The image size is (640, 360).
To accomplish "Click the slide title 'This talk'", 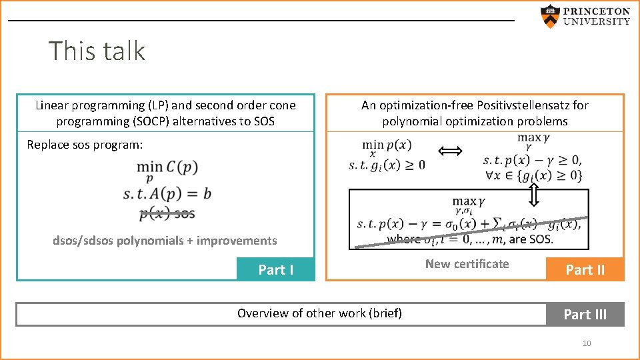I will (97, 51).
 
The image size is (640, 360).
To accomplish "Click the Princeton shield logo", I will (549, 17).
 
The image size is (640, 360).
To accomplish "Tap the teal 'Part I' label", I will (275, 269).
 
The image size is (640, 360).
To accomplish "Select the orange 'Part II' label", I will (585, 269).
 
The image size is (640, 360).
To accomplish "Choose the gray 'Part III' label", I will (585, 314).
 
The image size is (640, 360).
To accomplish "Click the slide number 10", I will (587, 343).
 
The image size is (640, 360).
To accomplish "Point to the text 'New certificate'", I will (467, 264).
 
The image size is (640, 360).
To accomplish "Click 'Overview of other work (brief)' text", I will (319, 313).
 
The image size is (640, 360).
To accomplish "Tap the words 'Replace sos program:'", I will (85, 145).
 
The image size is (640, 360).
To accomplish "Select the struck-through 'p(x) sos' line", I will (167, 213).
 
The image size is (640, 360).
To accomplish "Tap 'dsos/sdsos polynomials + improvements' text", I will (165, 241).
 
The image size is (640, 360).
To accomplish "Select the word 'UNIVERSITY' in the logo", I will (597, 21).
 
